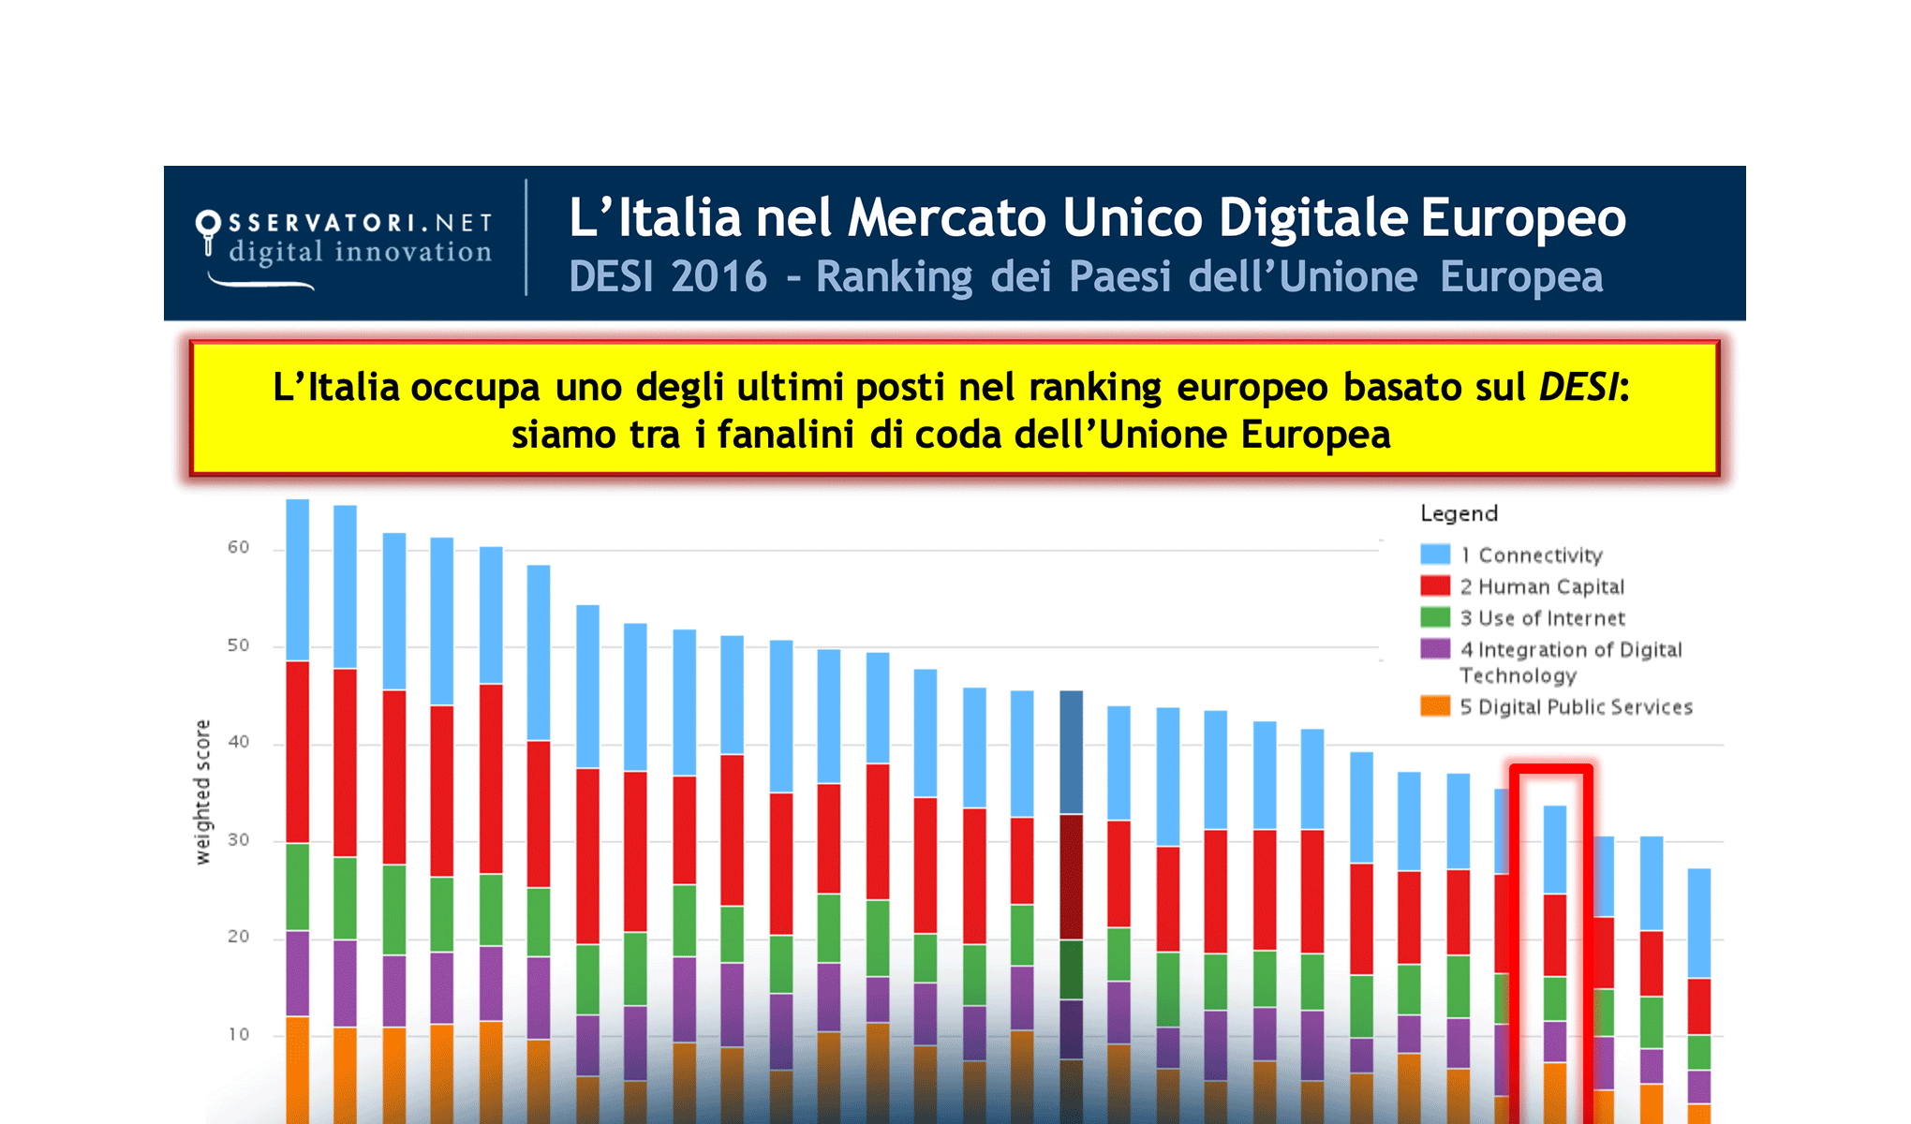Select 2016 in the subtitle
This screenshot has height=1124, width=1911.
(x=718, y=277)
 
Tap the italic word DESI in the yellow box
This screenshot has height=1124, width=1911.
(x=1578, y=387)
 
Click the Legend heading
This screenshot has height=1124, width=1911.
(x=1459, y=513)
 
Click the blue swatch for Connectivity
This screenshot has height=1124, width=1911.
(x=1434, y=555)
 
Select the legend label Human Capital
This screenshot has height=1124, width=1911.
(x=1550, y=586)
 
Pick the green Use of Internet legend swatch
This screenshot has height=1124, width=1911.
(x=1434, y=617)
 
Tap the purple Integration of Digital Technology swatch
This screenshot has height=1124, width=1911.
(x=1434, y=649)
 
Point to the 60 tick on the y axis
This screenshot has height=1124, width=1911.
(x=239, y=547)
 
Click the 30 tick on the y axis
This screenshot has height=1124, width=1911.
(x=239, y=840)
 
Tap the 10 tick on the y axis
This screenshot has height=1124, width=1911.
(x=239, y=1034)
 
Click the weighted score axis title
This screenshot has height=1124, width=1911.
(x=202, y=791)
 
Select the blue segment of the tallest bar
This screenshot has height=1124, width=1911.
(x=297, y=581)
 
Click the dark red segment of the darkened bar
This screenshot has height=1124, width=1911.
(x=1071, y=876)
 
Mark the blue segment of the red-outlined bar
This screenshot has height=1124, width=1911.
(x=1554, y=850)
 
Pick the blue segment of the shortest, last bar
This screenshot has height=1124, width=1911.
(x=1698, y=923)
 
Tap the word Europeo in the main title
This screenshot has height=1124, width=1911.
(x=1523, y=218)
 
